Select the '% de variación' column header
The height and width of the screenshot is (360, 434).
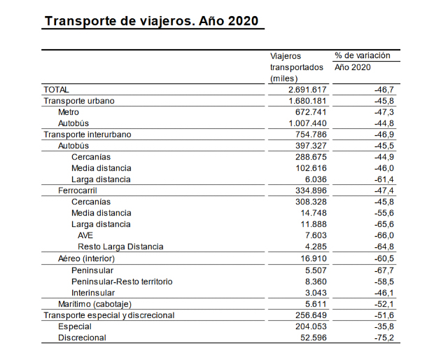(363, 55)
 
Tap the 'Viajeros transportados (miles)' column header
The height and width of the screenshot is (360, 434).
(297, 67)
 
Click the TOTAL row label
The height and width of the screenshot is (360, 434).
(57, 90)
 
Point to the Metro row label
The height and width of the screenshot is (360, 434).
(69, 112)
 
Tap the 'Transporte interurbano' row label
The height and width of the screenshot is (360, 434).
(87, 134)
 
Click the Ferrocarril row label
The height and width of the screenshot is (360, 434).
(80, 191)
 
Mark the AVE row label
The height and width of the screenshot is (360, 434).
(85, 235)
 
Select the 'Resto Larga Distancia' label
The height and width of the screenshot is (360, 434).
(120, 247)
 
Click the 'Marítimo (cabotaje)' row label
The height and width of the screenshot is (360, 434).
(94, 304)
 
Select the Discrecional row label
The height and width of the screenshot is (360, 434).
(82, 338)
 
